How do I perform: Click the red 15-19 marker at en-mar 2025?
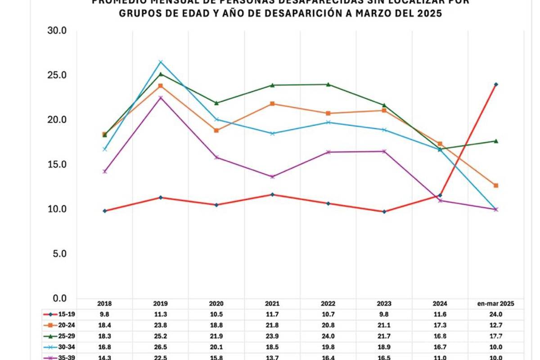496,85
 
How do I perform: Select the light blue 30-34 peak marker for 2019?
160,62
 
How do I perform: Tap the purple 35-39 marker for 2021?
272,176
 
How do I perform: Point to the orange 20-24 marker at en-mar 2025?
496,185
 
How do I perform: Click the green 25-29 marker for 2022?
328,84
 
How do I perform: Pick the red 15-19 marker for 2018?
105,211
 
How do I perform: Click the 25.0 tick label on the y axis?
57,75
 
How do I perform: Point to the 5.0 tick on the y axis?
57,254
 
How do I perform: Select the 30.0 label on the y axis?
57,31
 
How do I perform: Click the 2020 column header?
216,304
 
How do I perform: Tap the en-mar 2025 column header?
496,304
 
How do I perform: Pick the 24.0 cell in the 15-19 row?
496,315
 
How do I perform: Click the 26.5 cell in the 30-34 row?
161,347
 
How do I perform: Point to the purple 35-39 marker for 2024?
440,200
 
